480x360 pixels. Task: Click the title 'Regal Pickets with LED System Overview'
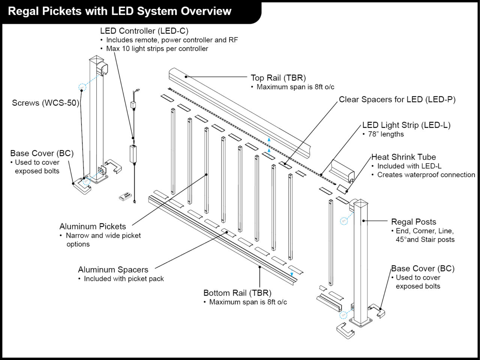120,11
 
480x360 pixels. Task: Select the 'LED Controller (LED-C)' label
144,31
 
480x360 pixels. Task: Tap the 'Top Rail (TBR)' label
278,78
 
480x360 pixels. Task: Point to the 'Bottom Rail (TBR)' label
237,293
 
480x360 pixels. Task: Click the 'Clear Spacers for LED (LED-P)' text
397,99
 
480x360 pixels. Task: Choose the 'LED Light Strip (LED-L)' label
406,125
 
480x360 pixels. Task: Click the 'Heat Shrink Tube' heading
403,157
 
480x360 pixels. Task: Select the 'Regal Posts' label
413,222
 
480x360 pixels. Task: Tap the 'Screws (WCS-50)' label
45,103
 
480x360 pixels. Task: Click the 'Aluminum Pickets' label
93,226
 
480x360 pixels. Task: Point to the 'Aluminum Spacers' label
113,270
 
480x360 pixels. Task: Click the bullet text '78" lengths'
386,134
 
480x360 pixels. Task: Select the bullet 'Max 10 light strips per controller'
157,49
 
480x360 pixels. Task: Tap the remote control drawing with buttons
124,195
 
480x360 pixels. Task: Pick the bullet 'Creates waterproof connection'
426,175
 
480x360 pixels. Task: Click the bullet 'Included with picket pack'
124,279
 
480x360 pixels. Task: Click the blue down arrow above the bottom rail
292,273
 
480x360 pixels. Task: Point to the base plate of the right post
361,321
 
